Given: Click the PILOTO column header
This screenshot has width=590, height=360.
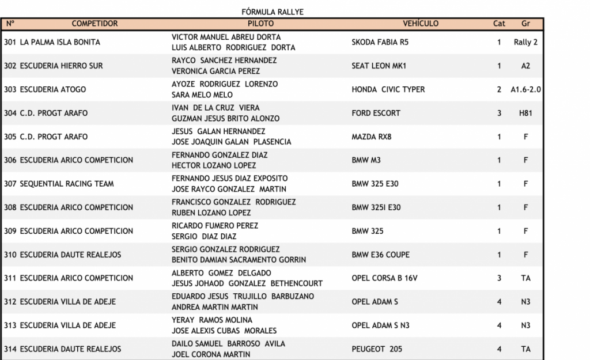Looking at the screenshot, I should point(260,24).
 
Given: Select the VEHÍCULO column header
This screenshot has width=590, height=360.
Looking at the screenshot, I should point(420,24).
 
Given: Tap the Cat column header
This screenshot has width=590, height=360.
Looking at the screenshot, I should point(499,24).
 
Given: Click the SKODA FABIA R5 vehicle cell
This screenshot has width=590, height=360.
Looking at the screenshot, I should point(380,42).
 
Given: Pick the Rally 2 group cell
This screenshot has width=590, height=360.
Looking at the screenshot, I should point(525,42).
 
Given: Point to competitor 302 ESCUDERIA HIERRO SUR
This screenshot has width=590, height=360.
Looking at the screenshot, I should point(53,66).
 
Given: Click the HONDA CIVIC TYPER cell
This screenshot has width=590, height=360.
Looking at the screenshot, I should point(388,89).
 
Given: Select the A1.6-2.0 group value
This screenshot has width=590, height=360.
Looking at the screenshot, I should point(525,89).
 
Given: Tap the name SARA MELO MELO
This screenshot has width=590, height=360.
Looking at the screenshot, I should point(202,94).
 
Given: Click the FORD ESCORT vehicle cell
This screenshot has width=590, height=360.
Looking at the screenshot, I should point(376,113).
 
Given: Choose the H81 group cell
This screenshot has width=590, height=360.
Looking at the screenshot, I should point(525,113).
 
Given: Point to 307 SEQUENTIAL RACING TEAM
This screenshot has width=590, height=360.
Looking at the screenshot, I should point(59,184).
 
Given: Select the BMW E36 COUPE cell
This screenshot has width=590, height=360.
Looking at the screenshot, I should point(381,255).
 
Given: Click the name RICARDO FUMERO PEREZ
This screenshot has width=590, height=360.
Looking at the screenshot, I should point(215,226).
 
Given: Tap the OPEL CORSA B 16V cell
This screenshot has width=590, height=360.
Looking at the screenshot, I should point(385,278).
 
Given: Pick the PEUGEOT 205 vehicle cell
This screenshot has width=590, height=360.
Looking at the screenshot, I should point(377,349).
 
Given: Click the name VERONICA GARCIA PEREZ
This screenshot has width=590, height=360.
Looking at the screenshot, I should point(215,71).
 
